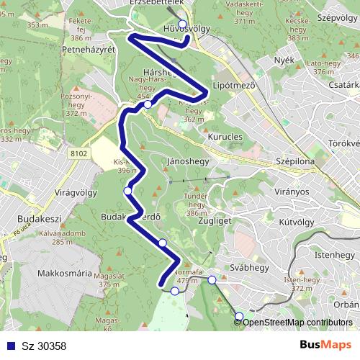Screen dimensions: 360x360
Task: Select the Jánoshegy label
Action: pos(187,161)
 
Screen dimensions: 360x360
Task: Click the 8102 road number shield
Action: pos(79,153)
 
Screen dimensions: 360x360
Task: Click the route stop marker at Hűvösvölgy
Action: pos(183,24)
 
